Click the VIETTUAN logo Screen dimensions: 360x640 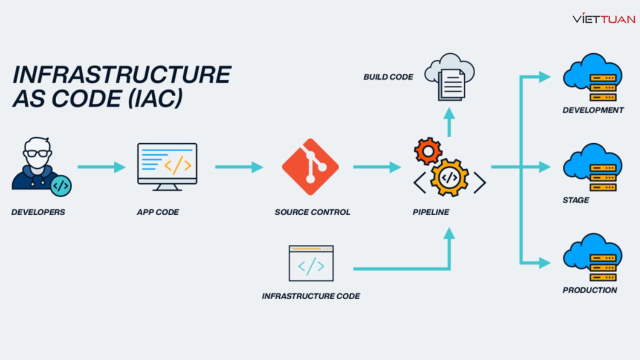click(x=603, y=19)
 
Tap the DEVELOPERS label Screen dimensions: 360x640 click(x=38, y=212)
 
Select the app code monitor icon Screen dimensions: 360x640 click(x=167, y=166)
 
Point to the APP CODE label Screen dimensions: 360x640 click(x=157, y=212)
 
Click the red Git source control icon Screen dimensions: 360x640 click(x=310, y=167)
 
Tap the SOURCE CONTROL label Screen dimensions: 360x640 click(x=312, y=212)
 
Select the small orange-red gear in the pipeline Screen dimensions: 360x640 click(x=428, y=150)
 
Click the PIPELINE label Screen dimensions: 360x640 click(x=430, y=212)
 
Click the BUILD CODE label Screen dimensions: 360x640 click(x=388, y=77)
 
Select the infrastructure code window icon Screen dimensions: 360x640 click(x=311, y=263)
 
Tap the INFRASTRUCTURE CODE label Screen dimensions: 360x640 click(x=310, y=296)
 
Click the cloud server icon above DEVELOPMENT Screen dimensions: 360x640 click(x=592, y=77)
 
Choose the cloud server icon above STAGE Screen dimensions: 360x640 click(x=592, y=167)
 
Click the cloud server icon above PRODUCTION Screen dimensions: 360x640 click(x=592, y=257)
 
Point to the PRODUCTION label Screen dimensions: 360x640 click(x=589, y=290)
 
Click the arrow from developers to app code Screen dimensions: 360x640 click(x=101, y=167)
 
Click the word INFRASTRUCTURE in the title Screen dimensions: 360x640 click(x=121, y=74)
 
